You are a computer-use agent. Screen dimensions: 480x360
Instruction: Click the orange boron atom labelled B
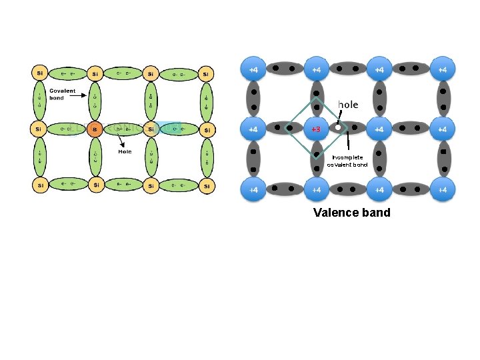[x=95, y=129]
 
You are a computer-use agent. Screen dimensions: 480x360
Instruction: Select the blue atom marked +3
[x=316, y=128]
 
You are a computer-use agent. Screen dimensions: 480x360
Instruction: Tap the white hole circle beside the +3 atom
[x=339, y=127]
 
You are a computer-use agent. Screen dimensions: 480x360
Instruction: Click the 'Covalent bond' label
[x=63, y=95]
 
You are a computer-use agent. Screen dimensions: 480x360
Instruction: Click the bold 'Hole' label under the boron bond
[x=125, y=151]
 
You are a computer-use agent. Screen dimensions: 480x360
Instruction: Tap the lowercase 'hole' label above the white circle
[x=348, y=105]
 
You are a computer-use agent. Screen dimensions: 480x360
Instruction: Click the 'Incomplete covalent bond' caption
[x=347, y=161]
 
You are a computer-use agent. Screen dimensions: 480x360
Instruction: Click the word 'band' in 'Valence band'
[x=376, y=213]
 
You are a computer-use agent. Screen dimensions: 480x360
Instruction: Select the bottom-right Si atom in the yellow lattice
[x=207, y=185]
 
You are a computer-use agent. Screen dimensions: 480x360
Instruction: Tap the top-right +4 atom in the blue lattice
[x=442, y=69]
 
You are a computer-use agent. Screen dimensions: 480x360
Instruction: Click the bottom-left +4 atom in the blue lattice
[x=254, y=190]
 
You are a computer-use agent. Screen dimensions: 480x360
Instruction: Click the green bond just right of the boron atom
[x=123, y=128]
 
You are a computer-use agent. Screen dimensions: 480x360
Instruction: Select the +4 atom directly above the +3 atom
[x=316, y=69]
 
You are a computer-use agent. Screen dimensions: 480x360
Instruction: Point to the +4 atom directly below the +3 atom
[x=316, y=190]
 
